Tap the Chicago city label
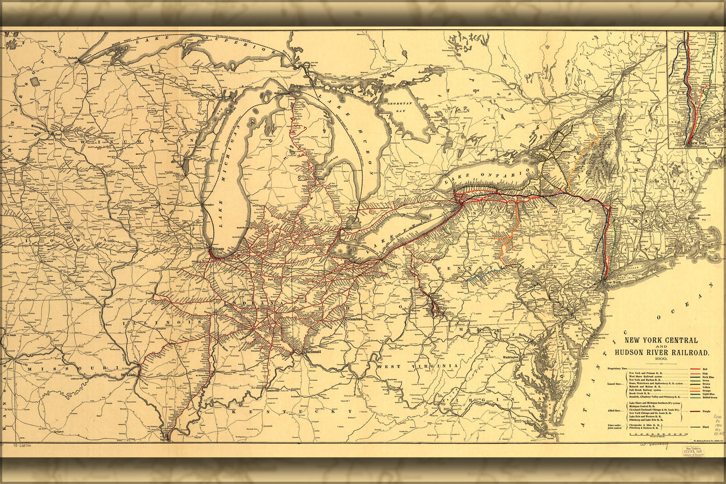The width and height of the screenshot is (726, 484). [x=218, y=249]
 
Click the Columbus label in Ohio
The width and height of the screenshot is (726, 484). [x=353, y=319]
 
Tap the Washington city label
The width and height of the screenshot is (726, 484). [x=510, y=357]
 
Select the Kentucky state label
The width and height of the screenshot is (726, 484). [x=291, y=411]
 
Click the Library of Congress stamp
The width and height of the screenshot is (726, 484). [x=693, y=452]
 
